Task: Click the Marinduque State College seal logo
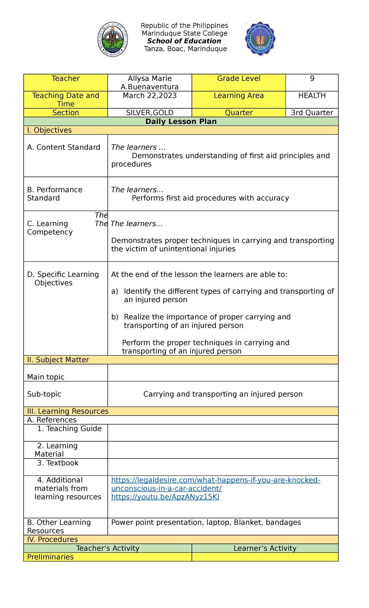113,39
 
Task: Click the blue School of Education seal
260,38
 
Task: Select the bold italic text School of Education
184,41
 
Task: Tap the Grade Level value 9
312,79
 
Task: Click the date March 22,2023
150,96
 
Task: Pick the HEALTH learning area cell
312,96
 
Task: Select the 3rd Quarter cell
312,113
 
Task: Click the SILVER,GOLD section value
150,113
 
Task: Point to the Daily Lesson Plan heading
181,122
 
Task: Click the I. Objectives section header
50,130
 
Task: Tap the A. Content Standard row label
64,147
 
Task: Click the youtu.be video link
165,497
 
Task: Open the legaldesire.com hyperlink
216,480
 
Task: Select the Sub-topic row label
44,394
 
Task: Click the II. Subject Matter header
58,360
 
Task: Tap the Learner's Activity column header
265,548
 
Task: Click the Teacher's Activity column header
108,548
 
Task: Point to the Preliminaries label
50,557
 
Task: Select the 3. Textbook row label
58,463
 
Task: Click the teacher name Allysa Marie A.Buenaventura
150,83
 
